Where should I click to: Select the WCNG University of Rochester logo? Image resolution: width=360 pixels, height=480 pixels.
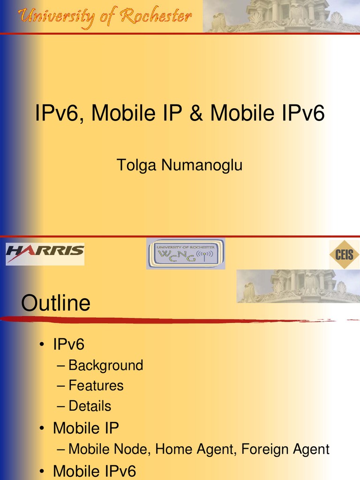click(x=186, y=254)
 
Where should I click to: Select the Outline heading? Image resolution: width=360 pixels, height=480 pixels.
click(x=56, y=303)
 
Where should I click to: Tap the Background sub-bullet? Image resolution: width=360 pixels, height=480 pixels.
click(x=105, y=365)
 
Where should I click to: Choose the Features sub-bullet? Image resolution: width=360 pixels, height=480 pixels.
click(x=96, y=386)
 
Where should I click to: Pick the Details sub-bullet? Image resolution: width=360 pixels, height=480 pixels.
click(x=90, y=406)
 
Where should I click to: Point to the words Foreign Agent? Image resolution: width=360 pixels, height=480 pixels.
click(x=285, y=450)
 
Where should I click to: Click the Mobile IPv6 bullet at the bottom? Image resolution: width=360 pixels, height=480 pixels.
click(x=94, y=471)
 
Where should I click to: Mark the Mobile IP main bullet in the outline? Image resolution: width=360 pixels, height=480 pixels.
click(x=86, y=428)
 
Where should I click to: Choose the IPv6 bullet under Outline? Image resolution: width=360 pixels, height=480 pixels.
click(x=68, y=345)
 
